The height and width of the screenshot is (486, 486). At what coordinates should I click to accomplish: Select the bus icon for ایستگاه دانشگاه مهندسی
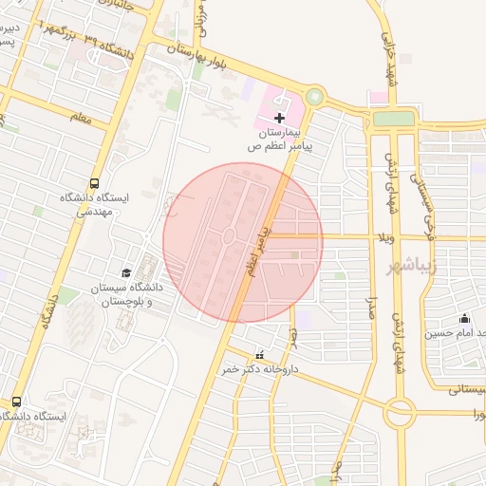(x=94, y=182)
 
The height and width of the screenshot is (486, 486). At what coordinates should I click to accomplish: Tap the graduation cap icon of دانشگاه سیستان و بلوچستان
(x=126, y=272)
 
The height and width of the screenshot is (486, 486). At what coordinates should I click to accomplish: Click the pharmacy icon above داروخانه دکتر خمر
(x=260, y=355)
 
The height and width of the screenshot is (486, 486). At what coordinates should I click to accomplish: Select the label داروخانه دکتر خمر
(x=261, y=369)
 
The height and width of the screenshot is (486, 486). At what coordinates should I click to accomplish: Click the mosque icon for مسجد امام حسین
(x=464, y=319)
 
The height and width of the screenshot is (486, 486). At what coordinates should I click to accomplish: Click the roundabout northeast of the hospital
(x=314, y=97)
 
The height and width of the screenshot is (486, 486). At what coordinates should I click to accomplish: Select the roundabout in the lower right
(x=399, y=412)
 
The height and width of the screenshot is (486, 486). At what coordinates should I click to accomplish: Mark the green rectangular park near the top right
(x=394, y=119)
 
